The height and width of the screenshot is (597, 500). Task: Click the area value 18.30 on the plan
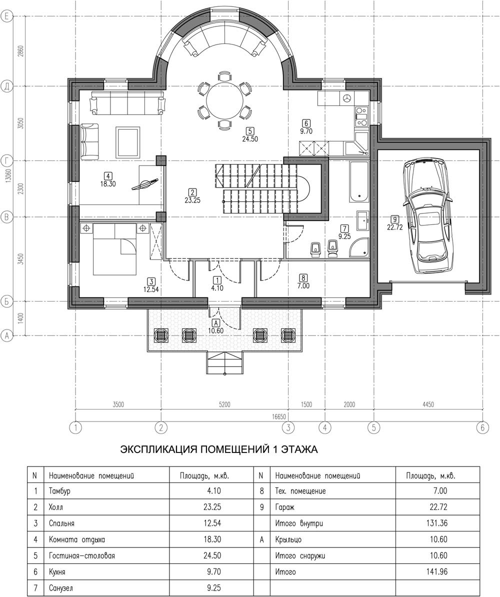[x=108, y=184]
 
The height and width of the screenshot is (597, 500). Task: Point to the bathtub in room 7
[x=358, y=181]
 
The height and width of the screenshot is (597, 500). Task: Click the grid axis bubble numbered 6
[x=482, y=427]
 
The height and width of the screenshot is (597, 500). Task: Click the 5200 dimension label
[x=224, y=404]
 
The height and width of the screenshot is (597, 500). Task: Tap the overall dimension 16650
[x=278, y=417]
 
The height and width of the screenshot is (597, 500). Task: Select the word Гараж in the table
[x=284, y=507]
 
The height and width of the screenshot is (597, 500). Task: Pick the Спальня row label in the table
[x=61, y=523]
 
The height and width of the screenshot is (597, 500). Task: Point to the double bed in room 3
[x=114, y=249]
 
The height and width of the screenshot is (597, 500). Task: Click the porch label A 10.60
[x=216, y=327]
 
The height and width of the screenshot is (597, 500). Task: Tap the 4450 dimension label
[x=428, y=404]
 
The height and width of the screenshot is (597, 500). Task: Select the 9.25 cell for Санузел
[x=214, y=588]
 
